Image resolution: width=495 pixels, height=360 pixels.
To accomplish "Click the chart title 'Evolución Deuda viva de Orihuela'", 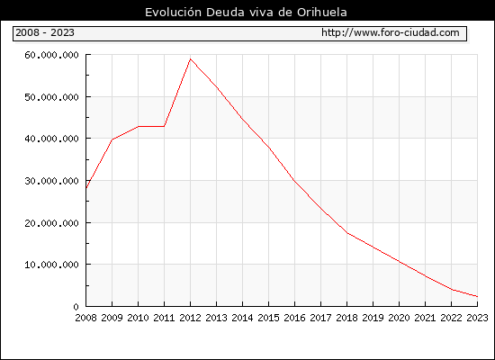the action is click(246, 13).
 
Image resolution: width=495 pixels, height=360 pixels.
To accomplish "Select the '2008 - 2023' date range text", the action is click(45, 32).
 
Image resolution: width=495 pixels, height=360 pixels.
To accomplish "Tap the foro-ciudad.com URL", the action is click(391, 32).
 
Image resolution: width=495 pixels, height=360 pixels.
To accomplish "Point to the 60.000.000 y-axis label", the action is click(51, 55).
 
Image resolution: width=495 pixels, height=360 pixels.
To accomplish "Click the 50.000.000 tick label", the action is click(51, 97).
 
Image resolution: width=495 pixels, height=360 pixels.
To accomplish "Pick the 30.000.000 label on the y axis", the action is click(51, 181).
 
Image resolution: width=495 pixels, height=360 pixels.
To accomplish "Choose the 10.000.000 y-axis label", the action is click(51, 265).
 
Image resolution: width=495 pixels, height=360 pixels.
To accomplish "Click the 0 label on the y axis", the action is click(76, 307).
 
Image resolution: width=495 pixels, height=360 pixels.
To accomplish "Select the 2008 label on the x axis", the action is click(85, 318).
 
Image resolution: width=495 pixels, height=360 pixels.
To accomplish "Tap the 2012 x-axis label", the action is click(191, 318).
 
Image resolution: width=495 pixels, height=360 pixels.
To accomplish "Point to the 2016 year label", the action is click(295, 318).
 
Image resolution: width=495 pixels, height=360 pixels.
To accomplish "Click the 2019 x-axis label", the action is click(373, 318).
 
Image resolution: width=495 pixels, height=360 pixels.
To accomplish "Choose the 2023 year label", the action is click(477, 318).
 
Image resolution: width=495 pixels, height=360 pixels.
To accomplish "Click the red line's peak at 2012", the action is click(191, 59).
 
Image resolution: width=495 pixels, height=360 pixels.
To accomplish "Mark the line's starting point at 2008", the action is click(86, 188).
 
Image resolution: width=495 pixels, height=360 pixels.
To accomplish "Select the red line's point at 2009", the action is click(112, 139).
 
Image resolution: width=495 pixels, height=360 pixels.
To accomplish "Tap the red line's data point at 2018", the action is click(347, 233).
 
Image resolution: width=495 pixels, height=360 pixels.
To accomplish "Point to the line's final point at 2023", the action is click(477, 296).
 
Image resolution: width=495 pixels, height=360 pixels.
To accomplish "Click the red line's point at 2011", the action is click(164, 126).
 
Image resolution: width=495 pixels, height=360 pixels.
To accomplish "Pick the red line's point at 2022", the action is click(452, 289).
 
